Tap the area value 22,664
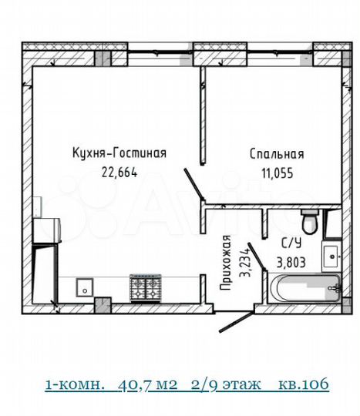[119, 173]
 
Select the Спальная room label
[277, 154]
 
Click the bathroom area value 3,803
[291, 261]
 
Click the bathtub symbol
[304, 290]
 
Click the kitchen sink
[85, 287]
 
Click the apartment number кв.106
[304, 384]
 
